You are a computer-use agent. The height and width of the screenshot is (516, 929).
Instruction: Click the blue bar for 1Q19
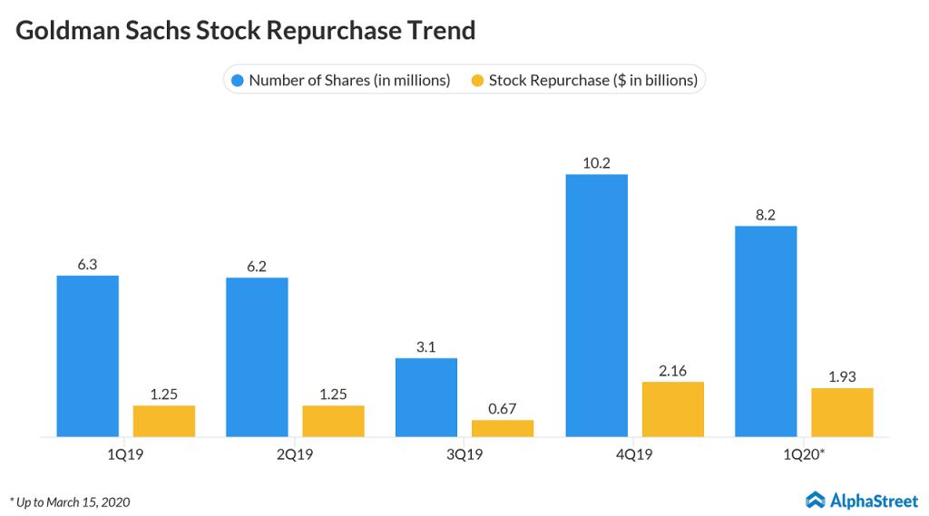(87, 355)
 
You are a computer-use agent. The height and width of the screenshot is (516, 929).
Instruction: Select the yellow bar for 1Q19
(164, 421)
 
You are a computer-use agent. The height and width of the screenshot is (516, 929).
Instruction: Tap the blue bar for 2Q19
(257, 356)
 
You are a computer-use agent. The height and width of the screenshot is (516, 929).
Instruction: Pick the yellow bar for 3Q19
(503, 428)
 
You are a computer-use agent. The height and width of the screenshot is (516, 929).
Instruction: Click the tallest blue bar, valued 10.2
(596, 305)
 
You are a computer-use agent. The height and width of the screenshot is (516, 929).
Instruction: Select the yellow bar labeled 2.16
(672, 409)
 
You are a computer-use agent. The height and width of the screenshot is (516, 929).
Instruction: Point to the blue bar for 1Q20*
(766, 331)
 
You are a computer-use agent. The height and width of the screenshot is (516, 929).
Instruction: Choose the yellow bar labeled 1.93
(842, 412)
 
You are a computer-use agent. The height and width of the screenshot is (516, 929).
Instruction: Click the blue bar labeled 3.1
(426, 397)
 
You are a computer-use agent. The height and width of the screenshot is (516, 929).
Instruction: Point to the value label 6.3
(87, 265)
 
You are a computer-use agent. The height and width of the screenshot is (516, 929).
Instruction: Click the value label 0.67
(503, 409)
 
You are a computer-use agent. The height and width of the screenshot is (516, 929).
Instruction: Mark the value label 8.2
(766, 215)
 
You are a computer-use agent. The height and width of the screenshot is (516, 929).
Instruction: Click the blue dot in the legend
(238, 80)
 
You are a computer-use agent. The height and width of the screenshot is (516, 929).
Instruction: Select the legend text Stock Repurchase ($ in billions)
(592, 80)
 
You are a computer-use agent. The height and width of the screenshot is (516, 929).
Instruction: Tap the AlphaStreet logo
(861, 499)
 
